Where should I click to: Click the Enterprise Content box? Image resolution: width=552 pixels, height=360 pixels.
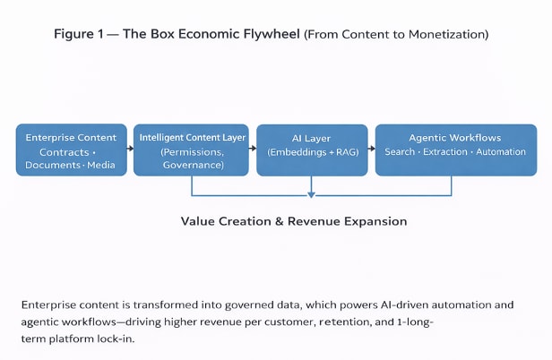[x=71, y=150]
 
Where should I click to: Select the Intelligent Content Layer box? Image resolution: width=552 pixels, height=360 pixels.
[x=191, y=150]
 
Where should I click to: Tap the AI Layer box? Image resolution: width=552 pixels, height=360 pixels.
[x=310, y=150]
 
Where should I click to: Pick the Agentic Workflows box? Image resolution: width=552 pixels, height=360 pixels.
[x=454, y=150]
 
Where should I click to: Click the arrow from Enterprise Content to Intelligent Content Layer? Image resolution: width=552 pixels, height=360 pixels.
[x=129, y=150]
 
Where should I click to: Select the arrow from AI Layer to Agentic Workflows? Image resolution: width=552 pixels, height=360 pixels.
[x=370, y=150]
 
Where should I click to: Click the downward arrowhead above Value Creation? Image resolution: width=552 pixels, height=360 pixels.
[x=311, y=193]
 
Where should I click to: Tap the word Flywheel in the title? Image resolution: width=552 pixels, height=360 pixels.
[x=270, y=35]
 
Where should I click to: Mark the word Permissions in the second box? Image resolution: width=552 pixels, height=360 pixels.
[x=192, y=152]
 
